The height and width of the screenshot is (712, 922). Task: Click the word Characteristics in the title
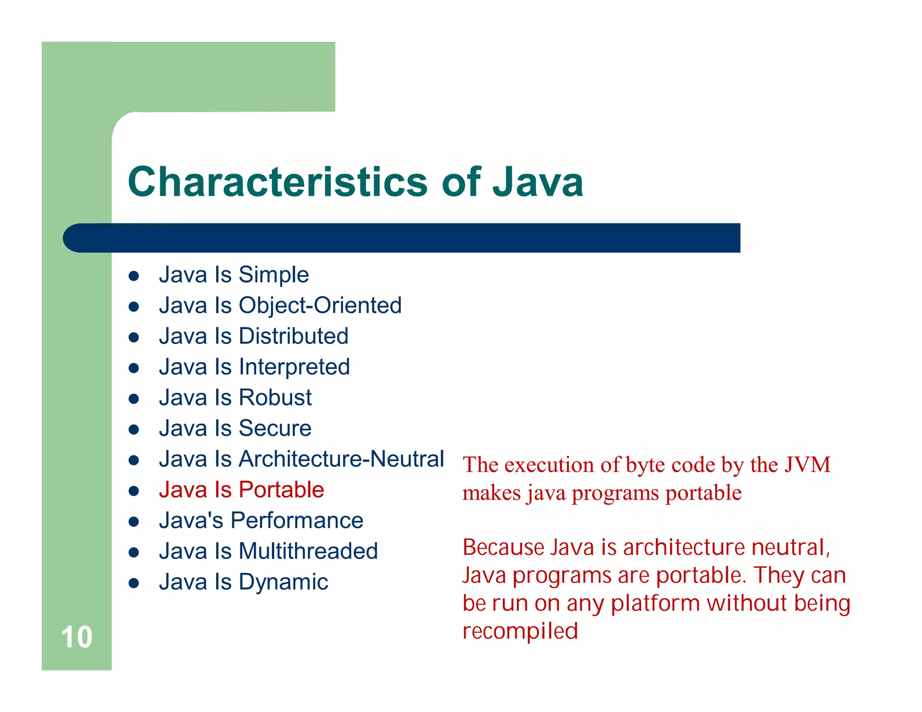click(x=277, y=182)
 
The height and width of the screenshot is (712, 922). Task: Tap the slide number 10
click(x=77, y=637)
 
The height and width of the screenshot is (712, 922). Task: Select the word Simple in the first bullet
click(x=274, y=275)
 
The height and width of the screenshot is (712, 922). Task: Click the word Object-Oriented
click(x=320, y=306)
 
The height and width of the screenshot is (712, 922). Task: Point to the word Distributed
click(x=294, y=336)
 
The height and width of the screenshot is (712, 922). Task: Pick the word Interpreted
click(x=294, y=367)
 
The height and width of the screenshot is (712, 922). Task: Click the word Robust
click(x=275, y=398)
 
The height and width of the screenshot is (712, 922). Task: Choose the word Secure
click(x=275, y=428)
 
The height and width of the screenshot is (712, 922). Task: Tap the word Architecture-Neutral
click(x=341, y=459)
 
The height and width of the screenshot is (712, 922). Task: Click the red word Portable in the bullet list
click(x=281, y=490)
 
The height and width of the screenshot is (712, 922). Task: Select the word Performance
click(x=297, y=521)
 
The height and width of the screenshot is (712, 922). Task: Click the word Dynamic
click(x=283, y=582)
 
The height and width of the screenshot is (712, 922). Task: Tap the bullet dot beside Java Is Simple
click(x=133, y=276)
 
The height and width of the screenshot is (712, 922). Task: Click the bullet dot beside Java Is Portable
click(x=133, y=491)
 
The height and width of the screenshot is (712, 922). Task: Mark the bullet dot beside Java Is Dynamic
click(x=133, y=583)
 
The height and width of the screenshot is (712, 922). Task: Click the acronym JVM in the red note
click(x=808, y=465)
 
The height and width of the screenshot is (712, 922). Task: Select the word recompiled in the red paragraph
click(x=520, y=631)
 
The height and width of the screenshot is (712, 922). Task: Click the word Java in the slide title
click(x=538, y=182)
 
